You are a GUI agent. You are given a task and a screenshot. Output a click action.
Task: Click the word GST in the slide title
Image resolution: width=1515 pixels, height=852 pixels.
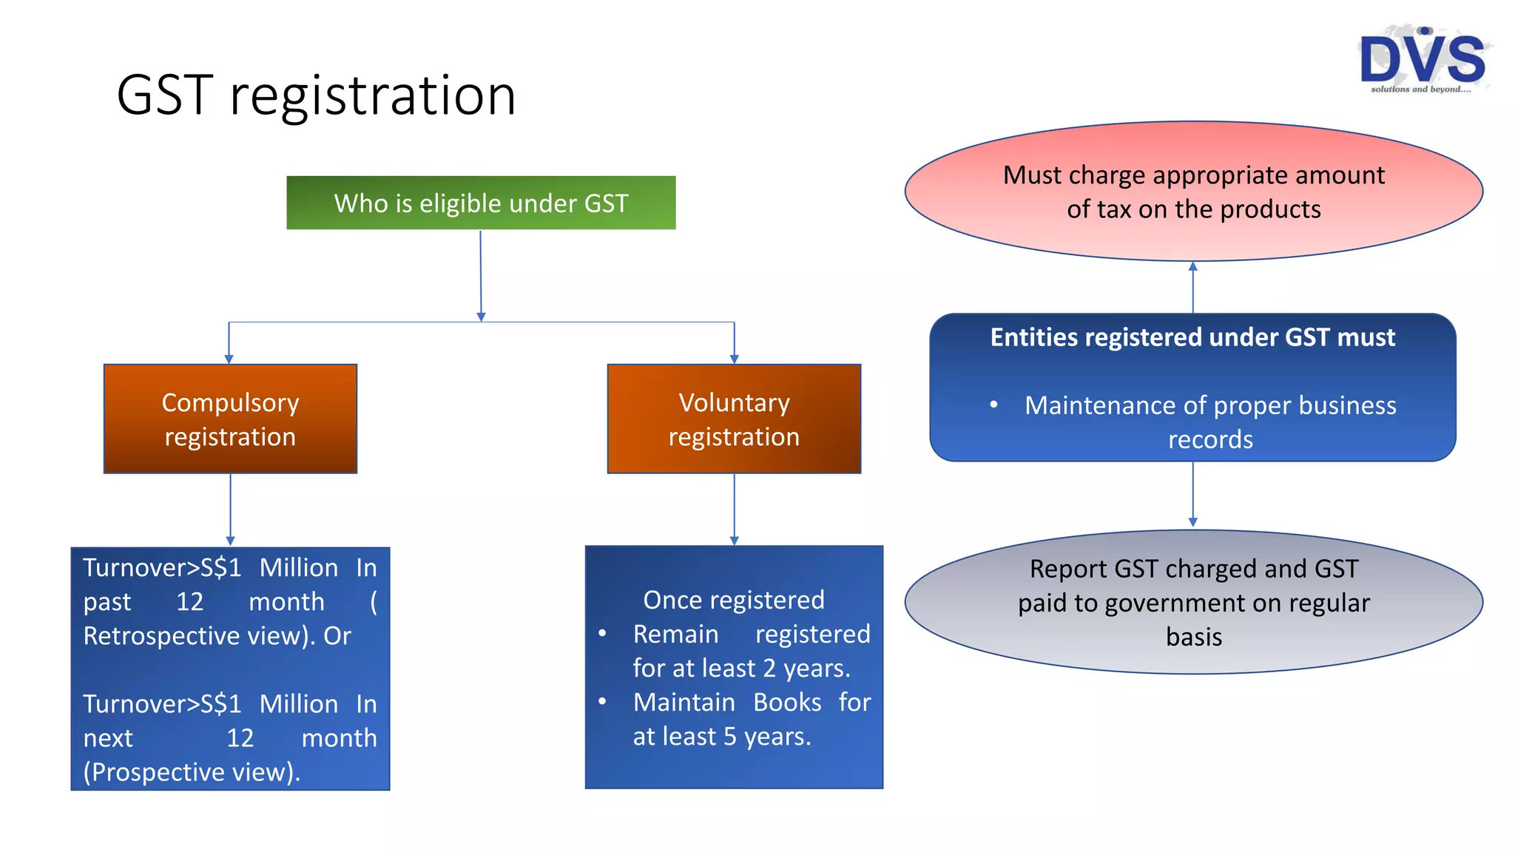point(164,95)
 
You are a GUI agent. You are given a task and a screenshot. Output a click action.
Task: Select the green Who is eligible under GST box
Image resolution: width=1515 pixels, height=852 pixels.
point(481,203)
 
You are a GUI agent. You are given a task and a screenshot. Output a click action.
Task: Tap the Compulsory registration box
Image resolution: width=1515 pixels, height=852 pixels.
point(230,419)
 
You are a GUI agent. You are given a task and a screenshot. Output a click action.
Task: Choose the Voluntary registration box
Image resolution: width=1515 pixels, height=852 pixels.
point(734,419)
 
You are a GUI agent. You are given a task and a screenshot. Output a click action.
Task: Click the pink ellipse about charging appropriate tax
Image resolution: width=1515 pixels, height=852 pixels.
point(1193,192)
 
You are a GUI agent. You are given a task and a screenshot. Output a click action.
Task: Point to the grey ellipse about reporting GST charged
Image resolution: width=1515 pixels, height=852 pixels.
point(1193,602)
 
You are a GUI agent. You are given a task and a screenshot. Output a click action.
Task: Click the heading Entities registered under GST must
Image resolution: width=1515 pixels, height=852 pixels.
point(1192,337)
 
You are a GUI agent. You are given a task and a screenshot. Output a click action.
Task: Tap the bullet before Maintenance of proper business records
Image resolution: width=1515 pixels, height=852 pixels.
point(993,405)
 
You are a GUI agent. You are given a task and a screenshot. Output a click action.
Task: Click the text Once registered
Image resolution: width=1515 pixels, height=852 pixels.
point(733,600)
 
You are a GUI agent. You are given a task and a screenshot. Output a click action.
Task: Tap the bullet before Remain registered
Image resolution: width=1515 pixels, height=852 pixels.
point(602,634)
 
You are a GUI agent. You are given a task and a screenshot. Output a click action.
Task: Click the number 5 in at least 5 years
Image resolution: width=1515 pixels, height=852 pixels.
point(729,737)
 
